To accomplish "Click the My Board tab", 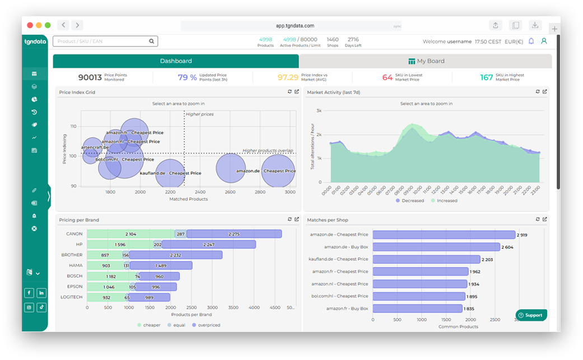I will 426,61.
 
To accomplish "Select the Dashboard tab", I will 176,61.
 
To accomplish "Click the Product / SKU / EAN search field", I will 101,41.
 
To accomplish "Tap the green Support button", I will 531,315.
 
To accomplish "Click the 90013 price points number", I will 90,77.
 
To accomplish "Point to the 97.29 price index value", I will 288,77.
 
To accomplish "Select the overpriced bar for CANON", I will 234,234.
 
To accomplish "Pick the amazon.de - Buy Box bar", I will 436,247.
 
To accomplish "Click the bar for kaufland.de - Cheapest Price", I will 426,259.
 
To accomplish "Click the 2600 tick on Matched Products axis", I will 230,192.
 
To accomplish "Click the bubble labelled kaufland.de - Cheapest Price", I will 170,172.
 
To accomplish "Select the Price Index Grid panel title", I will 77,92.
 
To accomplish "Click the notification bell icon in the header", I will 531,41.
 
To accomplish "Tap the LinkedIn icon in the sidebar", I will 42,293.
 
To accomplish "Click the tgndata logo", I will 35,41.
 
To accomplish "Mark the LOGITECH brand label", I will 72,297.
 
